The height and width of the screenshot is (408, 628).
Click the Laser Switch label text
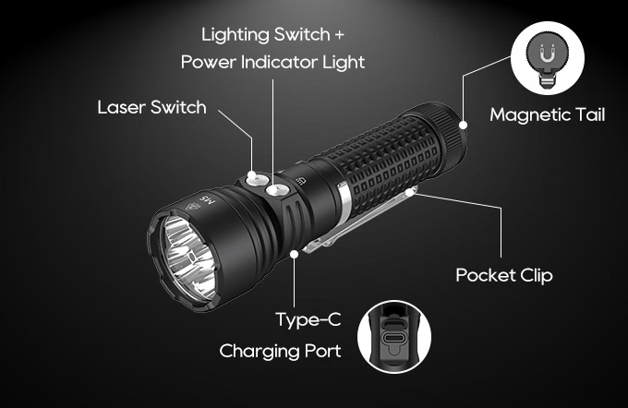click(x=151, y=107)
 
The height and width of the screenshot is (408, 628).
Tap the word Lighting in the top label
click(x=235, y=35)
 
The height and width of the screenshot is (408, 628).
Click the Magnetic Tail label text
click(x=547, y=114)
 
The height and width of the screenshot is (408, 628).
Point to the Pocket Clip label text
click(x=504, y=275)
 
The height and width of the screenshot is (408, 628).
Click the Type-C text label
click(x=308, y=320)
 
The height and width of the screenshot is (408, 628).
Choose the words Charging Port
click(x=280, y=351)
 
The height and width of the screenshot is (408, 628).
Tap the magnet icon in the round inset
click(x=547, y=54)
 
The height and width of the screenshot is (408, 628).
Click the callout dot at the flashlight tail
click(x=463, y=126)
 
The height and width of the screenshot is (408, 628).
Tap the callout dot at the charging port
click(x=295, y=254)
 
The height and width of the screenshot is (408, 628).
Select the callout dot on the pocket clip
click(x=409, y=192)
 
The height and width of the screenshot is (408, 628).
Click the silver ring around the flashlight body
click(x=344, y=201)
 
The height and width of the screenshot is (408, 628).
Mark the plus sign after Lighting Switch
click(x=339, y=35)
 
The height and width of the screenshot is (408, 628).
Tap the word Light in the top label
click(x=344, y=63)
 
